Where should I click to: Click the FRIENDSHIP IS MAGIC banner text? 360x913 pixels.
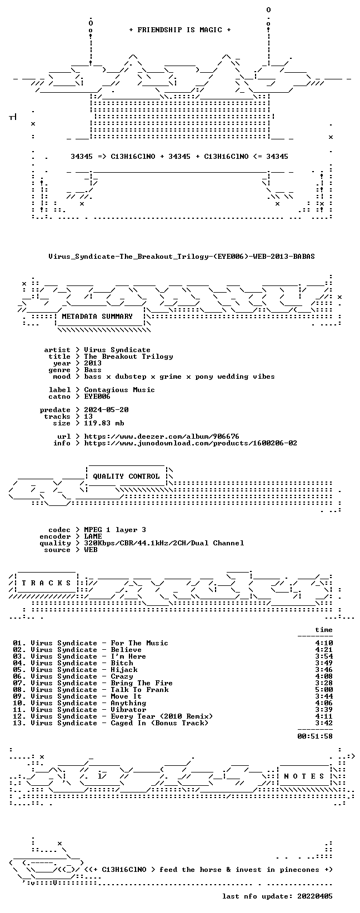[x=180, y=30]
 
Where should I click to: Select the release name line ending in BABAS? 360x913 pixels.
[x=182, y=257]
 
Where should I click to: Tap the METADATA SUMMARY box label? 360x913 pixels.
[x=97, y=317]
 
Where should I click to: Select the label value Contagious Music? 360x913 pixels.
[x=119, y=390]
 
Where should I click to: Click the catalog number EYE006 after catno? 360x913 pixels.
[x=97, y=396]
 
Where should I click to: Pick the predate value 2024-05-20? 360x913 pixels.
[x=106, y=410]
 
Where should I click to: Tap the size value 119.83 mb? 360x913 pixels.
[x=104, y=423]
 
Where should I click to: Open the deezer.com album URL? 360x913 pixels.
[x=162, y=436]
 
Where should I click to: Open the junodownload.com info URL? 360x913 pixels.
[x=191, y=443]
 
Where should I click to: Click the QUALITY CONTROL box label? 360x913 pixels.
[x=126, y=476]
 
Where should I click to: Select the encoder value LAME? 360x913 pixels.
[x=93, y=536]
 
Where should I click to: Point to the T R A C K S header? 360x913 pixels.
[x=46, y=583]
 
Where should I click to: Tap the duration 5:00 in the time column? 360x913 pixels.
[x=324, y=690]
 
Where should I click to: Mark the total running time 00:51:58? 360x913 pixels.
[x=315, y=736]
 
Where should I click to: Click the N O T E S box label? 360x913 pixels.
[x=304, y=776]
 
